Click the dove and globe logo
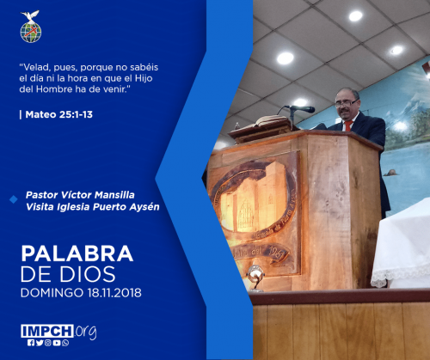[x=31, y=27]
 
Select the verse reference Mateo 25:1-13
[x=59, y=114]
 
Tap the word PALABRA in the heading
[x=77, y=253]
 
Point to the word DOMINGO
[x=52, y=293]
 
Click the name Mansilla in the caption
[x=114, y=195]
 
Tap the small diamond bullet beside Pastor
[x=14, y=199]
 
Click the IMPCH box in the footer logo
[x=47, y=331]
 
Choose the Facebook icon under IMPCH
[x=31, y=343]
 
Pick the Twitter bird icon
[x=40, y=343]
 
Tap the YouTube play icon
[x=57, y=343]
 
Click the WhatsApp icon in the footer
[x=65, y=343]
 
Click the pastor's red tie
[x=348, y=125]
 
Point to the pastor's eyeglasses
[x=346, y=103]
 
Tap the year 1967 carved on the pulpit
[x=276, y=253]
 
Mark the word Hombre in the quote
[x=54, y=89]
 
